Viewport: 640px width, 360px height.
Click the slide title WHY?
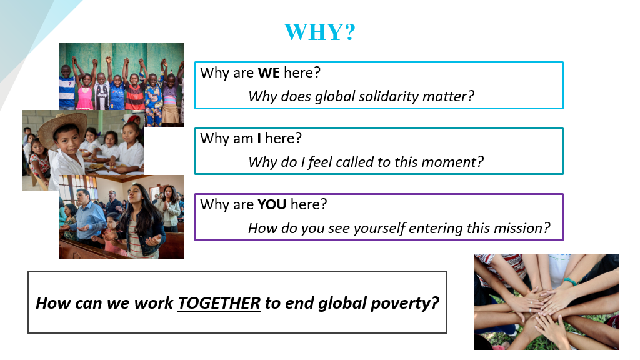[319, 32]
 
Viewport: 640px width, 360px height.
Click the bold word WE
[269, 72]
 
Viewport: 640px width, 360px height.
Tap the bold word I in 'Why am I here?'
[259, 138]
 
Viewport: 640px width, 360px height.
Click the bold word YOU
[272, 204]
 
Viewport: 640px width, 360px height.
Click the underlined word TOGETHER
[219, 303]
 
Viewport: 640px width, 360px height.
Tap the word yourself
[380, 229]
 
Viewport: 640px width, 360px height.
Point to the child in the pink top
[85, 91]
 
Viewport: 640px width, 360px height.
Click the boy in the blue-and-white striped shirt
[66, 87]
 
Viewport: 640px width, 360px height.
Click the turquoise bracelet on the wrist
[570, 281]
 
